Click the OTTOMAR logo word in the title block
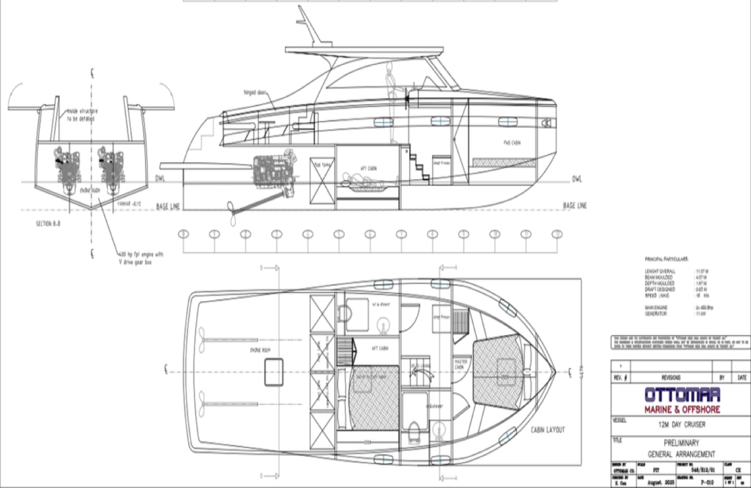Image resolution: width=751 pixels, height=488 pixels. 682,395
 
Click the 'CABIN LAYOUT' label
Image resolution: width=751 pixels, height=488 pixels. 547,429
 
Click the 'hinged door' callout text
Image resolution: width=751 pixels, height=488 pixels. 254,94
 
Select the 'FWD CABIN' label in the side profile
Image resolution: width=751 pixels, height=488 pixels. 512,142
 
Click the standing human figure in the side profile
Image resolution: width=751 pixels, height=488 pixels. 391,102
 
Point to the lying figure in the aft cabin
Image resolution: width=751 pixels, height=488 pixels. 359,179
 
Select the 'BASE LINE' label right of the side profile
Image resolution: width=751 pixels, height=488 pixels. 574,206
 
